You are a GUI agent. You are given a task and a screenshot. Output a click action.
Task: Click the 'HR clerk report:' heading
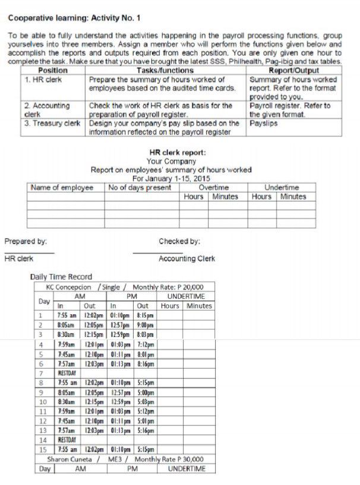tap(178, 152)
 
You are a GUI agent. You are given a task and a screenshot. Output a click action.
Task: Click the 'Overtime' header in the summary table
tap(213, 187)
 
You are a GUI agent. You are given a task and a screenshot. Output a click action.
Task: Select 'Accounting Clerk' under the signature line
tap(187, 259)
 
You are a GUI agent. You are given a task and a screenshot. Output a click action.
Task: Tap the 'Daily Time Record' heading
tap(61, 276)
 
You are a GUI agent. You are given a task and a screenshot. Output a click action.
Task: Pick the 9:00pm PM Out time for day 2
tap(145, 325)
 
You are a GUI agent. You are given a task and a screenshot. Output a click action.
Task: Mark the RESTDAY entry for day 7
tap(67, 373)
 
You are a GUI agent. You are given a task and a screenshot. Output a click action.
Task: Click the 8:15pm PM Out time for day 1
tap(145, 315)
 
